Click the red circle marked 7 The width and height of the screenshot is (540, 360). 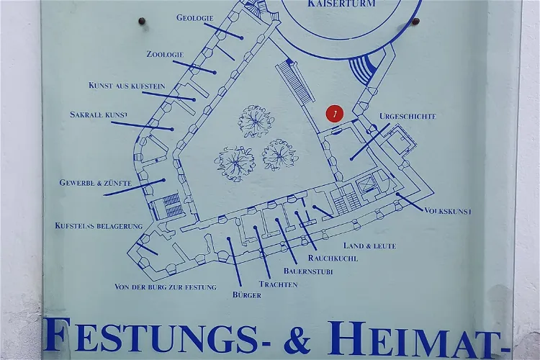click(335, 113)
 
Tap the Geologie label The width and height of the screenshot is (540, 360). click(194, 18)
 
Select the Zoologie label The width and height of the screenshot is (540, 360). click(165, 55)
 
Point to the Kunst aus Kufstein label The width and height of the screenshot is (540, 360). click(127, 86)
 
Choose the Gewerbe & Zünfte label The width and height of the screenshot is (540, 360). click(95, 183)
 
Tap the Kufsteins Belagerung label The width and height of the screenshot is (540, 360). click(99, 226)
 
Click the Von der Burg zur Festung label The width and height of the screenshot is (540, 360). click(165, 287)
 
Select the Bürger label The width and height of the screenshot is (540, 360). click(246, 295)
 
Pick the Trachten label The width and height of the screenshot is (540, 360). click(278, 284)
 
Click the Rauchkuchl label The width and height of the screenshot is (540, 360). click(333, 258)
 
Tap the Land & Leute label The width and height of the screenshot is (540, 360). click(369, 246)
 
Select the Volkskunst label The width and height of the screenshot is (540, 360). click(448, 212)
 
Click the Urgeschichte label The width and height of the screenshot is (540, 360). click(408, 116)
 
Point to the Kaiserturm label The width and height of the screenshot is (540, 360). click(341, 4)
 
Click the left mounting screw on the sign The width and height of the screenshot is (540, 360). click(142, 22)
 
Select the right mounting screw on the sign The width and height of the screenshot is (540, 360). click(415, 22)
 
